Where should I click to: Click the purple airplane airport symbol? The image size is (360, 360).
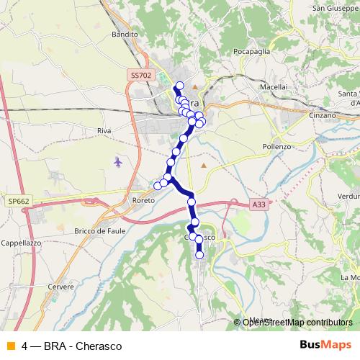click(x=118, y=161)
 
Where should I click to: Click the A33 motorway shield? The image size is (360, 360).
click(x=259, y=205)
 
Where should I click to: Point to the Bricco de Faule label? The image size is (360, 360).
click(x=100, y=230)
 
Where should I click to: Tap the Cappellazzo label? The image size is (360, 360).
click(x=22, y=243)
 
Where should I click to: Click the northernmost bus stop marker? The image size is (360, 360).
click(x=179, y=86)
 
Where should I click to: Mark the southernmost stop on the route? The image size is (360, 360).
click(x=199, y=254)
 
